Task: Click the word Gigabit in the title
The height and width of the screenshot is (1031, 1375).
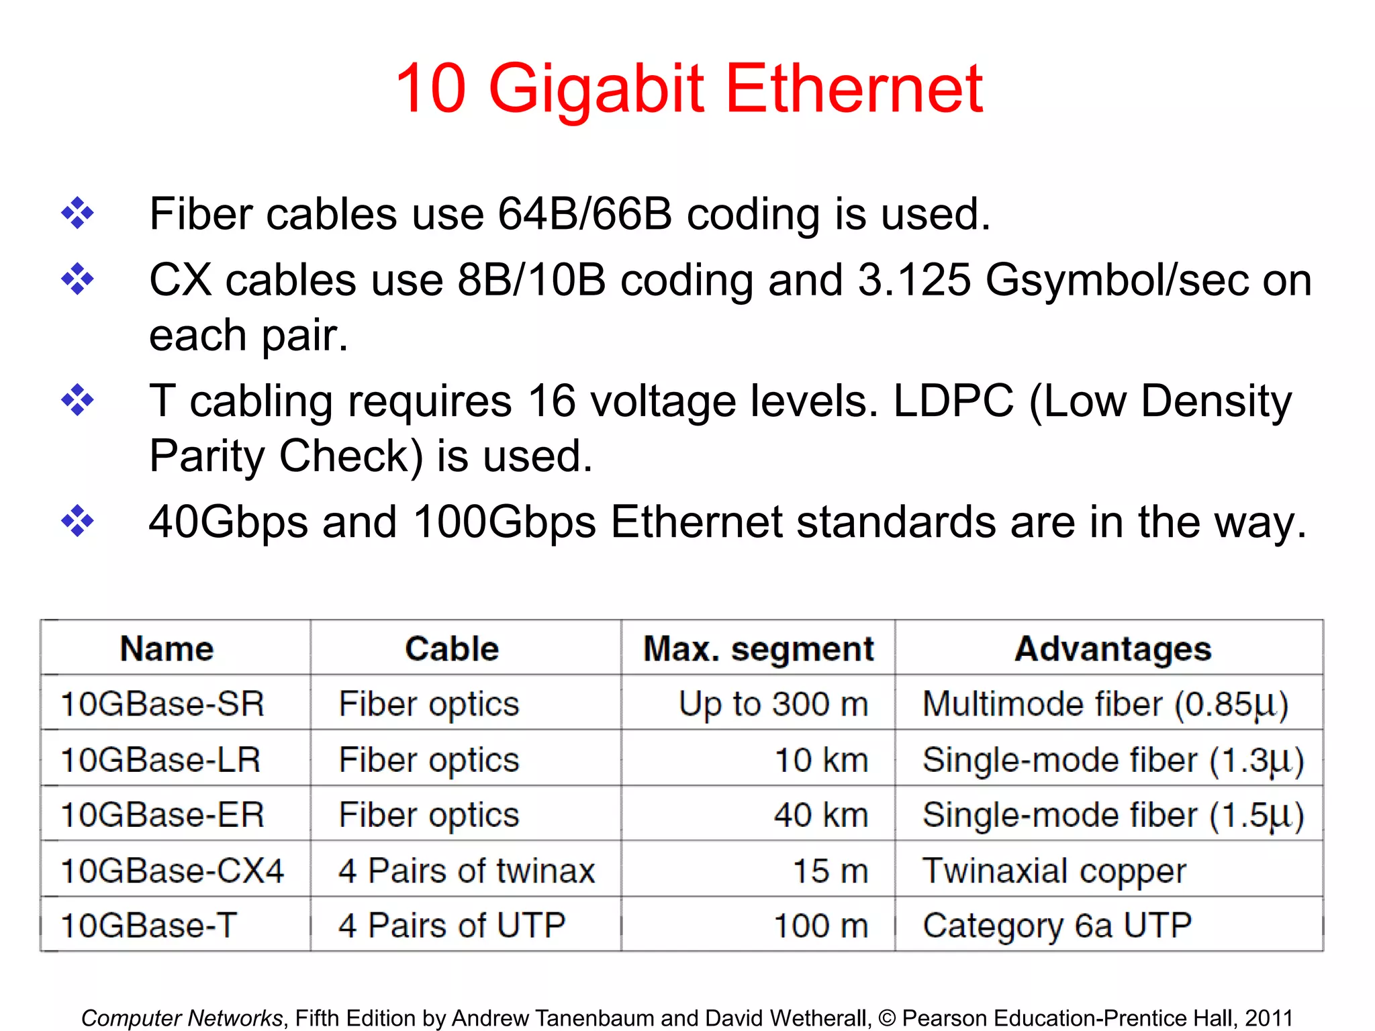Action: pos(596,89)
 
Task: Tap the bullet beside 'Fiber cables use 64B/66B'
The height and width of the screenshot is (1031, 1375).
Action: pos(78,213)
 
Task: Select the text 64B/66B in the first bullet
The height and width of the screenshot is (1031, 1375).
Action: pos(584,215)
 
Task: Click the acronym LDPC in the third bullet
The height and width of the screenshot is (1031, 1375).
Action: pos(953,401)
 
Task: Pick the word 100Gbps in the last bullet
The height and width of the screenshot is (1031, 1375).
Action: pos(504,522)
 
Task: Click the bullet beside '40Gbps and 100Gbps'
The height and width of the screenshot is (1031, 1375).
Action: pos(78,521)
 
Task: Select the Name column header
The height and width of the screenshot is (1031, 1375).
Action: pos(167,649)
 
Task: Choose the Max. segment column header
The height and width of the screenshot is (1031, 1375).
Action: pos(759,649)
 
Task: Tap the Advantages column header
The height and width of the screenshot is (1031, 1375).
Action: pos(1112,649)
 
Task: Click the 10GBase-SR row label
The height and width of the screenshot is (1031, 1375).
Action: pos(162,704)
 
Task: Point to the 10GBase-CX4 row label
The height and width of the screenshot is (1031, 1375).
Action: pos(172,871)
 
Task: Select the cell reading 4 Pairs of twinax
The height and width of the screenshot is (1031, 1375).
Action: pos(467,871)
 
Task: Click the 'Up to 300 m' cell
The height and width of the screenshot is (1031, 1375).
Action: pos(773,704)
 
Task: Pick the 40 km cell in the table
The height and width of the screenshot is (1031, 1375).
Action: pos(820,815)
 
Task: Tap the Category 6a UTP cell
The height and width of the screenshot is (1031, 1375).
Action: pos(1057,926)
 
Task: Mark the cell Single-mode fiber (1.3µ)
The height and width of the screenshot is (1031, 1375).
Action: pos(1112,760)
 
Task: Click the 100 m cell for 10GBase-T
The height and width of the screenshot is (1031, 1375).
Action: pos(820,926)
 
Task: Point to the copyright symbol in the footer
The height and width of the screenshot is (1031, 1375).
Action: pos(887,1018)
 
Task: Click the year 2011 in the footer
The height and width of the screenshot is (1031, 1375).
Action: pos(1268,1018)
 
